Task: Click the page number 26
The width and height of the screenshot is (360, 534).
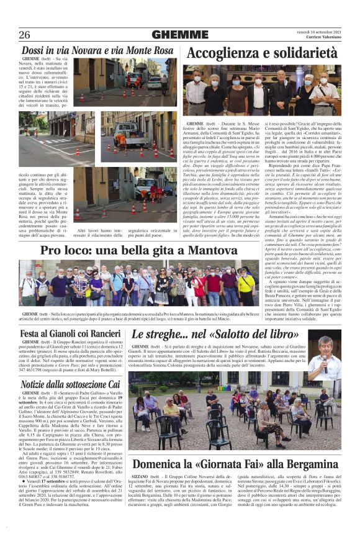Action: tap(25, 35)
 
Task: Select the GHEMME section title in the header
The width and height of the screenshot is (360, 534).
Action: tap(171, 35)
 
